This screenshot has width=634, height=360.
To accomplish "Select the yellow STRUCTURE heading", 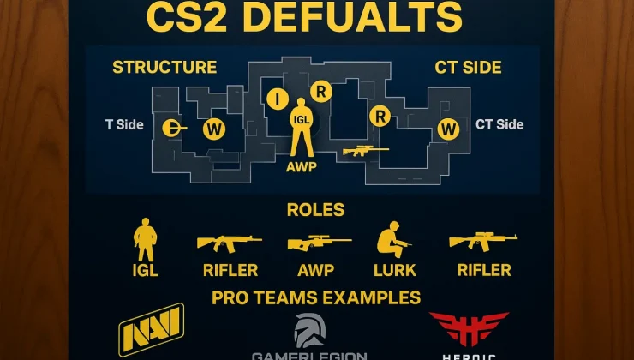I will pyautogui.click(x=164, y=67).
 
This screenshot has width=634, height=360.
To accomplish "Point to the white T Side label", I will pyautogui.click(x=124, y=124).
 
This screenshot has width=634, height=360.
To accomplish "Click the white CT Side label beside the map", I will pyautogui.click(x=499, y=124).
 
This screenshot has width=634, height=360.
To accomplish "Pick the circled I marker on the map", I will pyautogui.click(x=278, y=99).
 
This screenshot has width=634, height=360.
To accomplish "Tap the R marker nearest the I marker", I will pyautogui.click(x=321, y=91).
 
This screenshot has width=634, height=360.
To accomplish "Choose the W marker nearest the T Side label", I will pyautogui.click(x=212, y=129).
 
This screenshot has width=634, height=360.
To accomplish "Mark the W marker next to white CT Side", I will pyautogui.click(x=447, y=129).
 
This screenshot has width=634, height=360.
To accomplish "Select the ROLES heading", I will pyautogui.click(x=316, y=210).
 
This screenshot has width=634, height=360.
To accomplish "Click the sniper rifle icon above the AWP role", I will pyautogui.click(x=320, y=243).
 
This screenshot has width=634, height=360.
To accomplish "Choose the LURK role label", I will pyautogui.click(x=396, y=271).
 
